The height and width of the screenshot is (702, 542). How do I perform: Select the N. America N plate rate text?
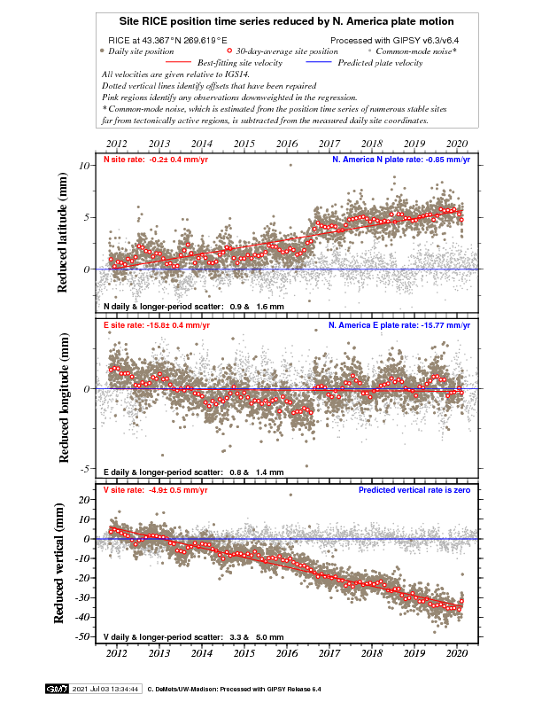403,160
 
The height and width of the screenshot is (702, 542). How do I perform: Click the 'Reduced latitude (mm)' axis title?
64,235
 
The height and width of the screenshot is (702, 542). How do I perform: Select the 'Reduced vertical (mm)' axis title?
64,565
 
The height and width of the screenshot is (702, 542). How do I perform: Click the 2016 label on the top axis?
286,143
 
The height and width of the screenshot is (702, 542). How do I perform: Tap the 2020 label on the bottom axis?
457,653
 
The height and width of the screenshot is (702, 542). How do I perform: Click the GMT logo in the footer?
57,688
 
